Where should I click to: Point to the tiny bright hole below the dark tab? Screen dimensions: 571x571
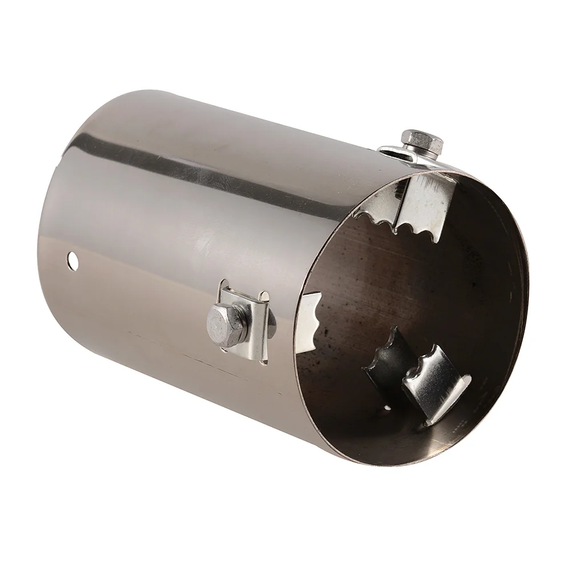(388, 409)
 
